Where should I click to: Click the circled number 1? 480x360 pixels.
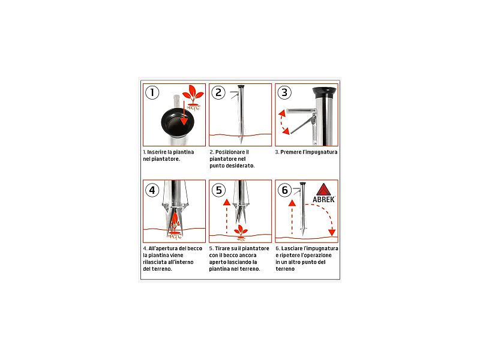click(152, 92)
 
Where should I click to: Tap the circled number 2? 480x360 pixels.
click(218, 92)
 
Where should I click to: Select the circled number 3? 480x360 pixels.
click(284, 92)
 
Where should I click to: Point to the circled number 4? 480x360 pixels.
click(152, 190)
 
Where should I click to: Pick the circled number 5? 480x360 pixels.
click(218, 190)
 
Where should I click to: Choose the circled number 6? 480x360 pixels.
click(284, 190)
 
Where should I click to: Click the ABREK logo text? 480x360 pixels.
click(323, 200)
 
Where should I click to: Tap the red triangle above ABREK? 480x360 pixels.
click(323, 190)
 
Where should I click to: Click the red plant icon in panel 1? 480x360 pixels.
click(193, 97)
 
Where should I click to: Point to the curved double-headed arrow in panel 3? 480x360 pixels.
click(283, 122)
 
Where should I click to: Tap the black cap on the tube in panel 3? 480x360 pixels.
click(325, 91)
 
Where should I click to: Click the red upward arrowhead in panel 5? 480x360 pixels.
click(227, 202)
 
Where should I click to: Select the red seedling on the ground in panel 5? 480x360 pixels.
click(241, 232)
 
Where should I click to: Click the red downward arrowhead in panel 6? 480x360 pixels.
click(332, 232)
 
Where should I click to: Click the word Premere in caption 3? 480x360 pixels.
click(291, 152)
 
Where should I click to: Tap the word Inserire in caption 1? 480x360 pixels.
click(157, 152)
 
